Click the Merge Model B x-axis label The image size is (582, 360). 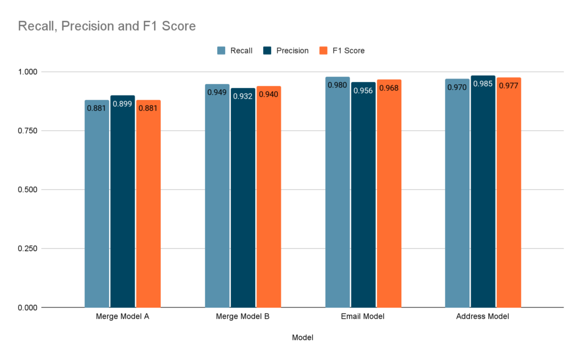coord(243,316)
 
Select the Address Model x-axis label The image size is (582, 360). coord(483,316)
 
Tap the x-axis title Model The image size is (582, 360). coord(302,337)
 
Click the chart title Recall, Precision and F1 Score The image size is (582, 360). coord(107,26)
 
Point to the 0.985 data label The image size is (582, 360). coord(483,85)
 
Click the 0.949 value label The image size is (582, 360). coord(217,93)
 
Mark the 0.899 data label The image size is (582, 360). coord(123,105)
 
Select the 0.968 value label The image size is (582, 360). coord(389,88)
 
